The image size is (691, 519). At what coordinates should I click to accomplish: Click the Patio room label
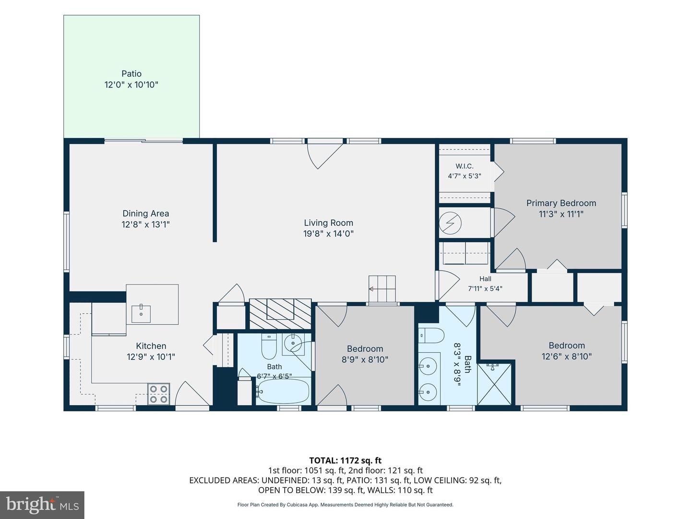(131, 74)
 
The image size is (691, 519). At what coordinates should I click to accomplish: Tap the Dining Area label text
(146, 213)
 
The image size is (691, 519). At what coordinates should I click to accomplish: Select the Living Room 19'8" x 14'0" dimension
(328, 234)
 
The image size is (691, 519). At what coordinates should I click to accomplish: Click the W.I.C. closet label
(465, 166)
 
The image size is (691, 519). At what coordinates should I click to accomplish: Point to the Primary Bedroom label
(561, 203)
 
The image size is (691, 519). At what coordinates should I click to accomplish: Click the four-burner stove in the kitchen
(159, 394)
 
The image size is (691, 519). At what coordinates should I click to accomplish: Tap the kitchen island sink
(141, 313)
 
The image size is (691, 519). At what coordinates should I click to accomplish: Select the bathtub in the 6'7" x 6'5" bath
(282, 391)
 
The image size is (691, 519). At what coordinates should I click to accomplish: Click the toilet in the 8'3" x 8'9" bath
(431, 335)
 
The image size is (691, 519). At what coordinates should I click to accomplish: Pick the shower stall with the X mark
(494, 384)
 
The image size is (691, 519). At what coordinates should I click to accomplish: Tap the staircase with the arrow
(382, 289)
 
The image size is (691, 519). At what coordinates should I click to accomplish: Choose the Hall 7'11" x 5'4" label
(485, 284)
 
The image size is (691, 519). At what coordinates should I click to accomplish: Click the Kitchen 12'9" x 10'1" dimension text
(151, 357)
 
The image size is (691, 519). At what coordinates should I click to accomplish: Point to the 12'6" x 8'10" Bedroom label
(567, 351)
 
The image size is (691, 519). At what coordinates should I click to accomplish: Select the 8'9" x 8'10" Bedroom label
(365, 354)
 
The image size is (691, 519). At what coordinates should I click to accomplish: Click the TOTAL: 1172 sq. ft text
(345, 460)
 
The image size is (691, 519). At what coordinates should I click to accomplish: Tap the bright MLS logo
(42, 505)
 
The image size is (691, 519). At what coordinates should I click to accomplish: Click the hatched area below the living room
(280, 314)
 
